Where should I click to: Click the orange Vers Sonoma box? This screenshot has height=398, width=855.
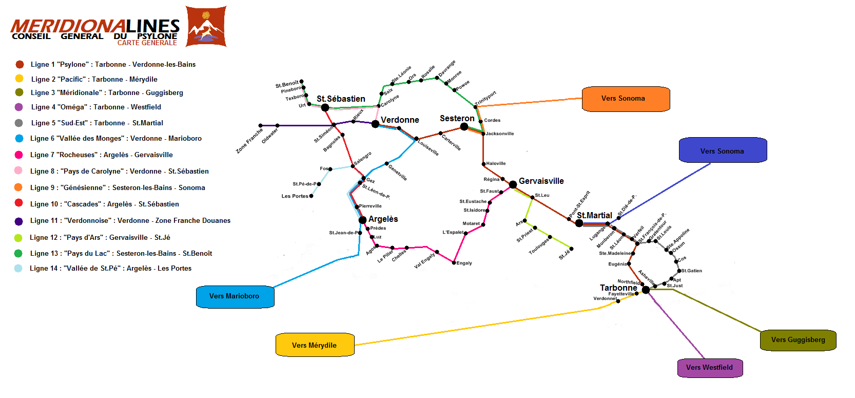626,99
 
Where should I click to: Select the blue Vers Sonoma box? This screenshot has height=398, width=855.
723,150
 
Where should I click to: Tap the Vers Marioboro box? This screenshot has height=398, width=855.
235,296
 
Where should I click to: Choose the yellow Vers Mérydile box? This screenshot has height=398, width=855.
315,345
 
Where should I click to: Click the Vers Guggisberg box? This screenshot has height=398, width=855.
798,340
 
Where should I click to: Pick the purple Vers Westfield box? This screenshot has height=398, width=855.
710,367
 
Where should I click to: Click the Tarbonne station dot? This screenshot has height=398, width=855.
646,290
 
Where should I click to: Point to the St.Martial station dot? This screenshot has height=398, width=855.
579,223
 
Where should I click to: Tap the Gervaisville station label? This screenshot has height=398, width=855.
541,181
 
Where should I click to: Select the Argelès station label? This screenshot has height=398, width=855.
383,219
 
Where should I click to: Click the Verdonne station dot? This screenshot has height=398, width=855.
375,124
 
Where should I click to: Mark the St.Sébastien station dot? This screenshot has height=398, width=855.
325,107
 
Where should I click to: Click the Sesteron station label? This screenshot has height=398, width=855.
457,118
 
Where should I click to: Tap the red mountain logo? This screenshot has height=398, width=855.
206,27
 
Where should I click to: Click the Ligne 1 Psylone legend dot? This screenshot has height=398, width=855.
20,64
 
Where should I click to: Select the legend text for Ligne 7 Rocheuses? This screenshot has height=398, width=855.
101,155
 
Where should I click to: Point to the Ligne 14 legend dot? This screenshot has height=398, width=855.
18,268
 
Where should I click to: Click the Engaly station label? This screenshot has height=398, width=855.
464,263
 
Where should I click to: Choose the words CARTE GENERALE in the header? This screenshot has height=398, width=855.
147,43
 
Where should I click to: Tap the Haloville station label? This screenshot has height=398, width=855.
496,163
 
